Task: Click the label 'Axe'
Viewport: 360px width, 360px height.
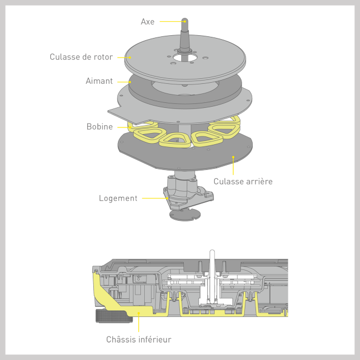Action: click(x=148, y=22)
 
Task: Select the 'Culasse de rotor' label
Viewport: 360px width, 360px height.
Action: click(x=81, y=57)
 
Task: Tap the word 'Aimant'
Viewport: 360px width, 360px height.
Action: click(x=99, y=81)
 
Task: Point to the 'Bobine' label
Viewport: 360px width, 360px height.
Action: click(x=100, y=126)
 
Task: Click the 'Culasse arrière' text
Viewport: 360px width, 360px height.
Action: click(x=243, y=181)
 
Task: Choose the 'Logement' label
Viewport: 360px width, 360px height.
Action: click(x=118, y=198)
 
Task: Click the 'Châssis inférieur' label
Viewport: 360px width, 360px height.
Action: click(x=139, y=339)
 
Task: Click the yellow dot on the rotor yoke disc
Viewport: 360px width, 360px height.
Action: click(x=130, y=58)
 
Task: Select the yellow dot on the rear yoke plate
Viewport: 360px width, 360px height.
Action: click(x=233, y=157)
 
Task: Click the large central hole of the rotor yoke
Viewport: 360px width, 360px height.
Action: click(x=184, y=58)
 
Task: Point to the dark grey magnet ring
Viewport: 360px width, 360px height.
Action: click(x=138, y=92)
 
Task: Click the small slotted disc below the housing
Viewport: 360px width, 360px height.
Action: click(x=185, y=215)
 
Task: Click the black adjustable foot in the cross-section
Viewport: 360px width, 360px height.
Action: click(x=114, y=316)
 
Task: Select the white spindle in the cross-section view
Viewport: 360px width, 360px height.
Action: click(x=212, y=276)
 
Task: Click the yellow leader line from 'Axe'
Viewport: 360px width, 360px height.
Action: click(x=172, y=21)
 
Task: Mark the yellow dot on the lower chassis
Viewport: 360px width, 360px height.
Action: click(x=139, y=312)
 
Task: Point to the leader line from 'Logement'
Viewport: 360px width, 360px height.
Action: click(x=154, y=198)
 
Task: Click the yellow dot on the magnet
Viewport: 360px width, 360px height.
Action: click(x=130, y=82)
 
